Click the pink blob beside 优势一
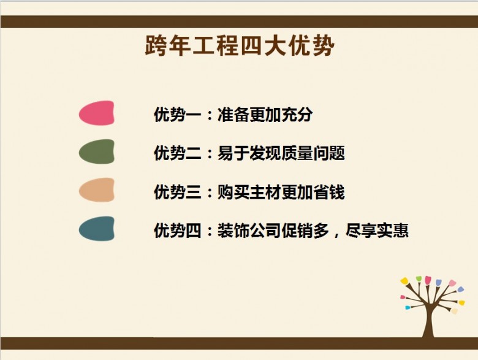pos(97,113)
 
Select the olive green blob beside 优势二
pos(97,151)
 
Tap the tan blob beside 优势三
pos(97,190)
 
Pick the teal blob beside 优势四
pos(97,229)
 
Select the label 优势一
pos(178,115)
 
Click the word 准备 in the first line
pos(233,115)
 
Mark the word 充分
pos(297,115)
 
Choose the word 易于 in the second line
pos(233,153)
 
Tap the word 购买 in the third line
pos(233,192)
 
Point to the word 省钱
pos(329,192)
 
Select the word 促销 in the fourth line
pos(297,231)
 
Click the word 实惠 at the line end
pos(393,231)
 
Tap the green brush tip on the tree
pos(419,279)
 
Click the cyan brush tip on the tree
pos(408,307)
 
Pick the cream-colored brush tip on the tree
pos(454,311)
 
